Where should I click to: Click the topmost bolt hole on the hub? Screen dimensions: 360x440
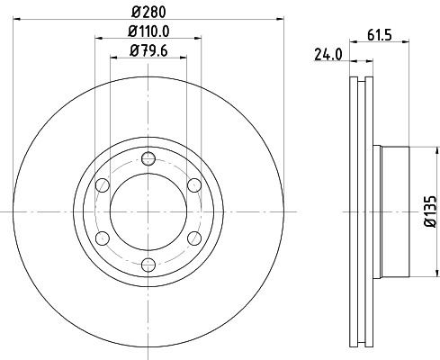pyautogui.click(x=149, y=159)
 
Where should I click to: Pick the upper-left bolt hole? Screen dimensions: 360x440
pyautogui.click(x=103, y=185)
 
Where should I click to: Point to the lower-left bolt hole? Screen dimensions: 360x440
pyautogui.click(x=103, y=238)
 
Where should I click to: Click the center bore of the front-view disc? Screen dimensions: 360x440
pyautogui.click(x=149, y=211)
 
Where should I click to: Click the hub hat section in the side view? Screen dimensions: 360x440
pyautogui.click(x=397, y=211)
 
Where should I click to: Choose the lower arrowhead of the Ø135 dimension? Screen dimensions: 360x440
pyautogui.click(x=420, y=274)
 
